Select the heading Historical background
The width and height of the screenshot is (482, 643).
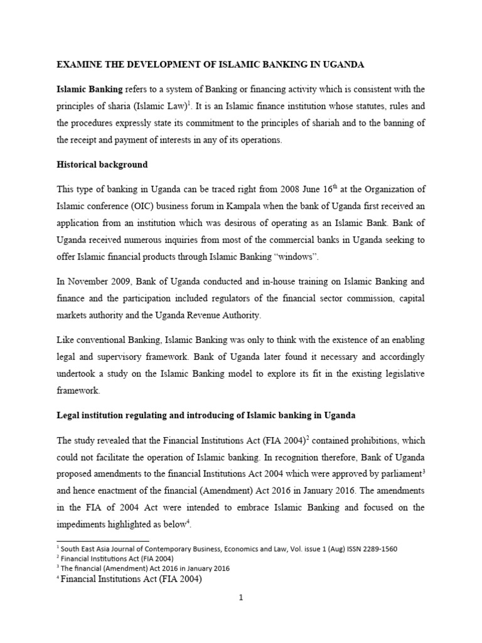[102, 165]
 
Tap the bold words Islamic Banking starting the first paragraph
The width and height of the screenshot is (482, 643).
[89, 89]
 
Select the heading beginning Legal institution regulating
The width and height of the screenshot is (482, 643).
[206, 416]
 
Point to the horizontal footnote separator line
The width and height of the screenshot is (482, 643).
[103, 541]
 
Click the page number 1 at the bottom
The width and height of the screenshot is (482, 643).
[240, 598]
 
